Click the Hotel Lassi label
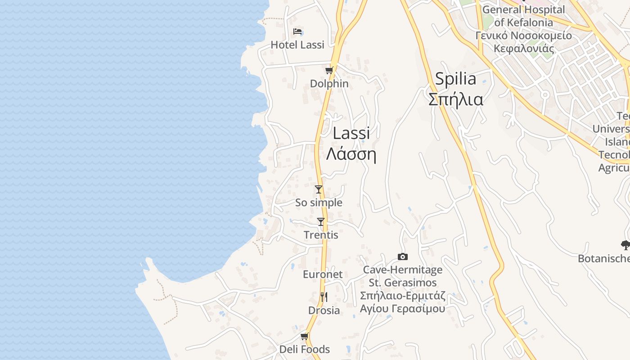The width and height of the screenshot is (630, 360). click(x=297, y=45)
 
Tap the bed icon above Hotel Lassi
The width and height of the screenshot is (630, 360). click(x=297, y=31)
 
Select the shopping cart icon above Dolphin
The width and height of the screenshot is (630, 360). click(x=329, y=70)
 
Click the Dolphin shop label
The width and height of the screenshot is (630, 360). click(x=329, y=84)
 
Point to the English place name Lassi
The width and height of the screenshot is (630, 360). click(x=351, y=133)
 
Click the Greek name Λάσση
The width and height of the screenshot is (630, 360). click(x=351, y=154)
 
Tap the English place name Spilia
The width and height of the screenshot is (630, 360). click(x=455, y=79)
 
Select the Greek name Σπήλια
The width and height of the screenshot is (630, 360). click(x=455, y=99)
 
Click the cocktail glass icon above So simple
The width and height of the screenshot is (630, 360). click(x=319, y=189)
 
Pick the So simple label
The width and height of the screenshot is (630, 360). click(x=319, y=202)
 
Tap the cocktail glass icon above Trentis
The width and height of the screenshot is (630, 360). click(x=321, y=222)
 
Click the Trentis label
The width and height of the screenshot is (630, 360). click(x=321, y=235)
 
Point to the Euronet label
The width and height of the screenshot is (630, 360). click(x=323, y=274)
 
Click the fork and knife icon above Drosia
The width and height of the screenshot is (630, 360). click(x=324, y=297)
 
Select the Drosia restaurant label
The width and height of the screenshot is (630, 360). click(x=324, y=310)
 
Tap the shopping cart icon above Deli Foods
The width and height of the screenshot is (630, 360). click(x=305, y=336)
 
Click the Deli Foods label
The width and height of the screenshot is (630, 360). click(x=305, y=349)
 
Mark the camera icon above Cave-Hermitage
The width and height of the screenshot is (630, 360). click(x=403, y=257)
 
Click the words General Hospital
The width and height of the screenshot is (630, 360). click(x=523, y=9)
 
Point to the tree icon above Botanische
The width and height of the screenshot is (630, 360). click(x=625, y=245)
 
